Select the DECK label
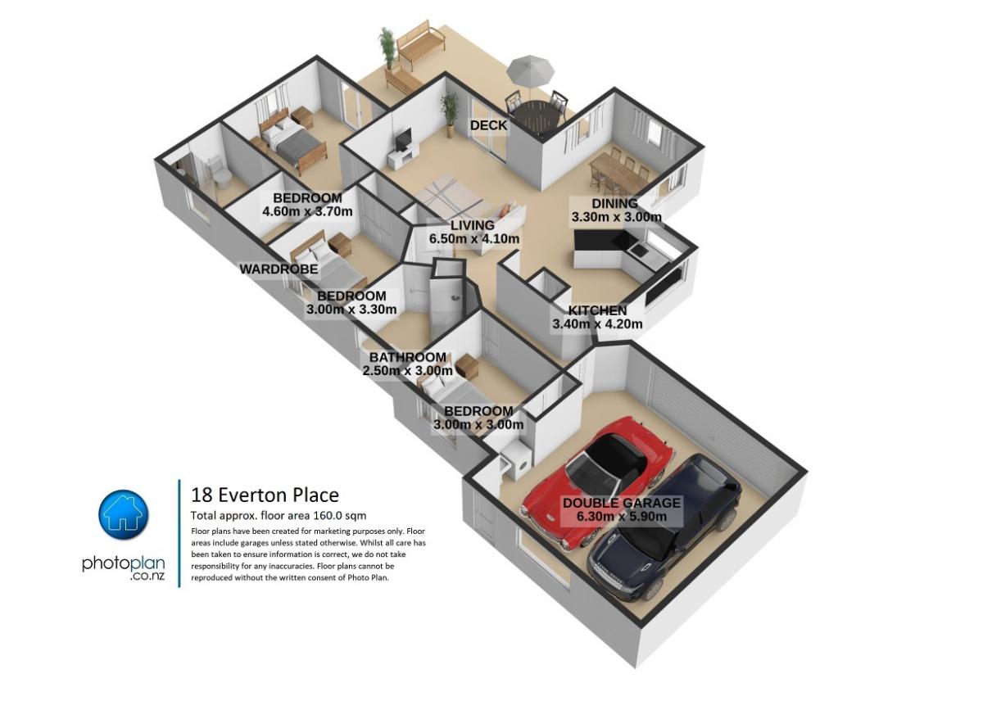point(488,125)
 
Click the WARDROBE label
point(279,269)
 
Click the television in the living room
point(403,138)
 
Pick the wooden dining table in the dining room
point(618,174)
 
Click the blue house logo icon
point(124,514)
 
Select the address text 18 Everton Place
point(265,495)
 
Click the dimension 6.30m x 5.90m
point(622,517)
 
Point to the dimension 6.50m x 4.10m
point(474,238)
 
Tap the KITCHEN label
point(597,310)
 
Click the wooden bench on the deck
point(419,44)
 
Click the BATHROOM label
point(407,357)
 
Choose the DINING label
point(615,204)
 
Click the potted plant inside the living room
point(450,114)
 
